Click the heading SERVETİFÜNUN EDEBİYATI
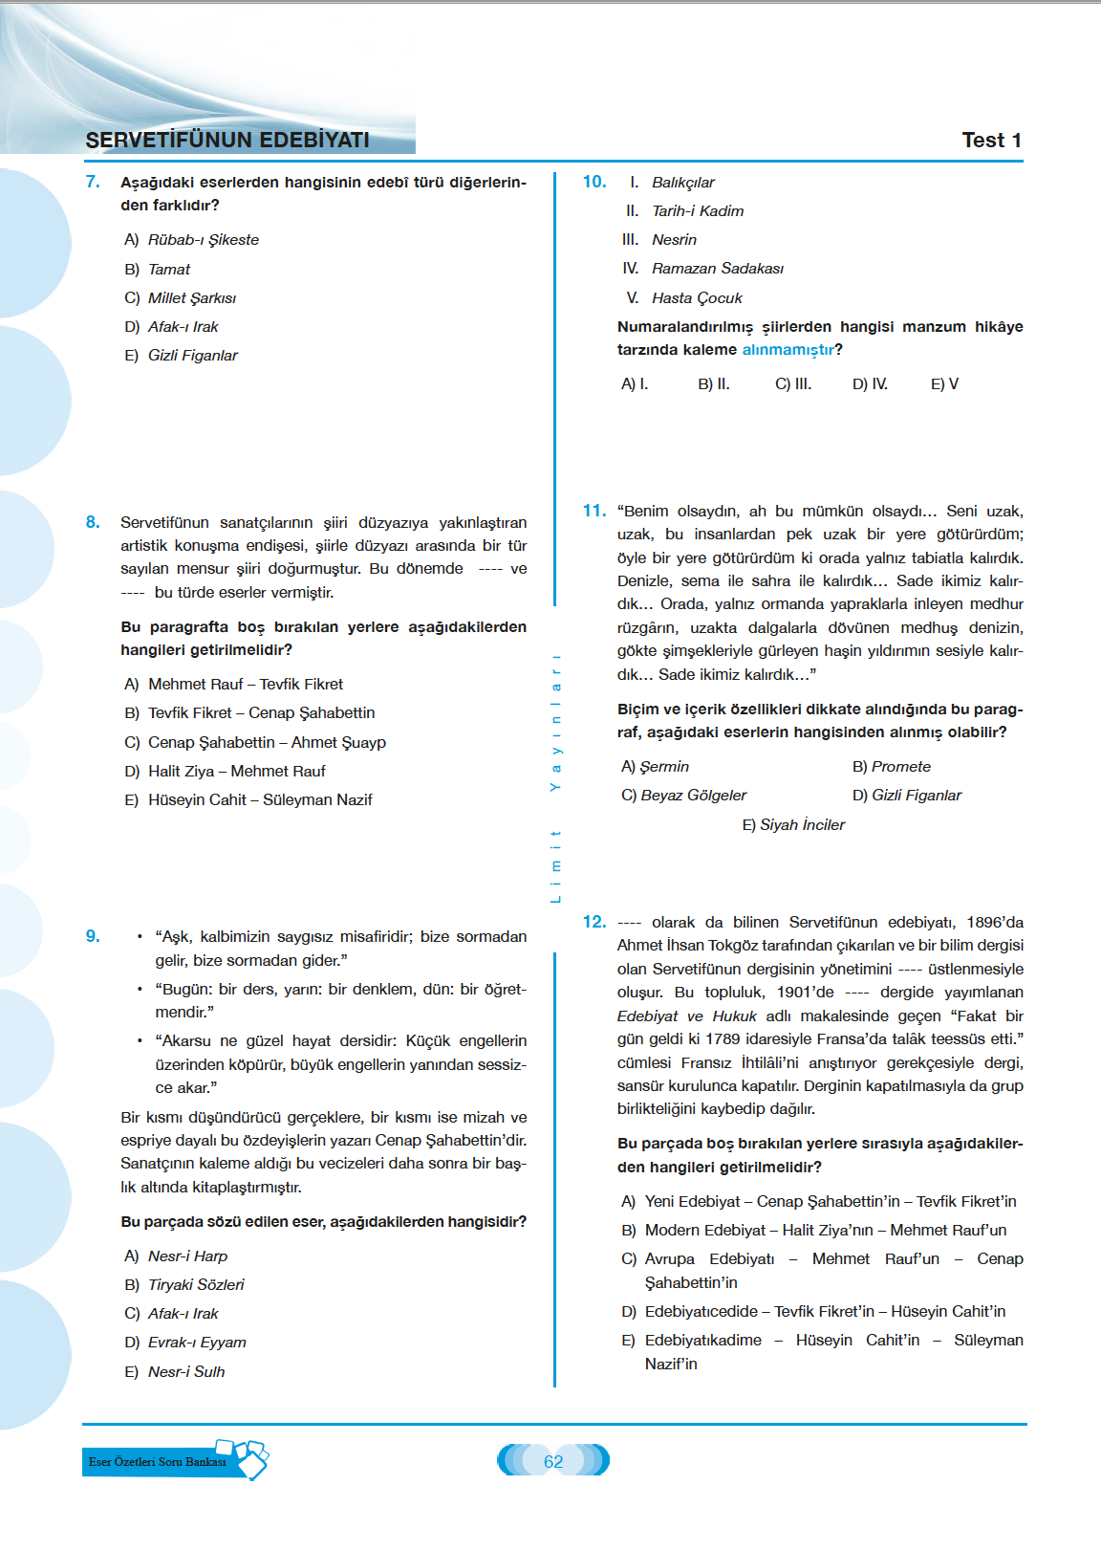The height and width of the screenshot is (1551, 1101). [227, 141]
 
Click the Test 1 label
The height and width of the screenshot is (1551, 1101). [991, 141]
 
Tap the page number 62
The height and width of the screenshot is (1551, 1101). [553, 1461]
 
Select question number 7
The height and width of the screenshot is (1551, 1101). [93, 182]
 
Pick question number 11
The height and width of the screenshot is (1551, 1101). [594, 511]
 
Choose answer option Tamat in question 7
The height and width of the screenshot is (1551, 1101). [168, 270]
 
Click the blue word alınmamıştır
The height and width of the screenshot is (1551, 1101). [788, 350]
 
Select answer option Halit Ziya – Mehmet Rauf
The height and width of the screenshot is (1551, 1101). [236, 772]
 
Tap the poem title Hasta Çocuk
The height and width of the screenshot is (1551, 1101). [697, 298]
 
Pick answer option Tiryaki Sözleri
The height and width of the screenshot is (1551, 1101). [196, 1285]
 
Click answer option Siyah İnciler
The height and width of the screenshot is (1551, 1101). [802, 825]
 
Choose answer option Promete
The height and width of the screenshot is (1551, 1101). [900, 767]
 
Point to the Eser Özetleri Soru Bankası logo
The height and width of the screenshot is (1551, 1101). [175, 1461]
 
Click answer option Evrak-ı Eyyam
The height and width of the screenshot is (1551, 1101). [197, 1343]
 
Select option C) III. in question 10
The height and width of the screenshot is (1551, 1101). [793, 384]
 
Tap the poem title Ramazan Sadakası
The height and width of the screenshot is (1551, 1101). [717, 269]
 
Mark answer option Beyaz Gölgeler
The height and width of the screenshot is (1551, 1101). [693, 796]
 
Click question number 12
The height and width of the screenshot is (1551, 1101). [594, 922]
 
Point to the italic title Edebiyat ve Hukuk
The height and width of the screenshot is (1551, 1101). [686, 1016]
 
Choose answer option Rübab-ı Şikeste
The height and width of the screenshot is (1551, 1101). [203, 240]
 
